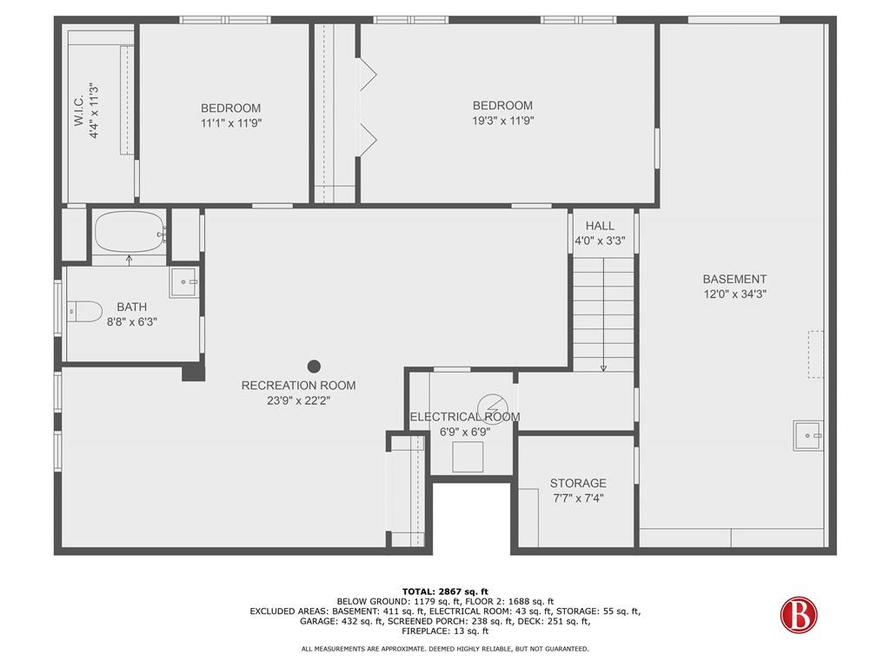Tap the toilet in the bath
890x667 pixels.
84,312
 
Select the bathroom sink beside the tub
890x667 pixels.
184,282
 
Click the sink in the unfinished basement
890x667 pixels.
807,436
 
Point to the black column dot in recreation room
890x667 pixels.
314,367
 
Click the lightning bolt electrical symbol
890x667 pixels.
490,406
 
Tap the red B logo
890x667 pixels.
799,615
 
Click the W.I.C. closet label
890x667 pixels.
79,110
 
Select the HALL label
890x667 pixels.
600,226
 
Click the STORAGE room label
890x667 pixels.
578,483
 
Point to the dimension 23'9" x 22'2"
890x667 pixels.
299,400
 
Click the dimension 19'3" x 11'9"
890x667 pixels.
503,120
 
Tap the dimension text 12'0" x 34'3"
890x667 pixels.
735,294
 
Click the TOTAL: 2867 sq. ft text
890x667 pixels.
445,591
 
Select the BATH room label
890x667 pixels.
132,307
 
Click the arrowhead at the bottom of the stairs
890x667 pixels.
603,368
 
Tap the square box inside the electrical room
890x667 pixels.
468,457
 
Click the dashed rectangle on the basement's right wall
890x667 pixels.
815,354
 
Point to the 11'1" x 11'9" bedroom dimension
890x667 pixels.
231,123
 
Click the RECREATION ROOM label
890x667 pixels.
299,386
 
